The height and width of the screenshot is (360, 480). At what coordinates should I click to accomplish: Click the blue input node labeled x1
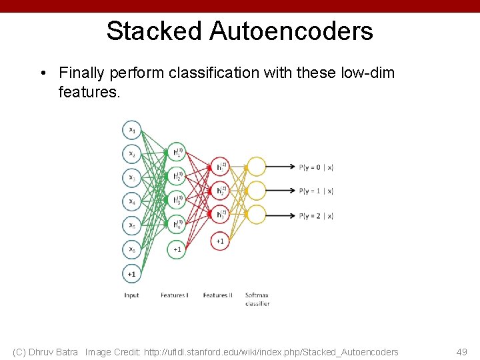(x=132, y=129)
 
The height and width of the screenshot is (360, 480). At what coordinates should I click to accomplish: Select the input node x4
(x=132, y=201)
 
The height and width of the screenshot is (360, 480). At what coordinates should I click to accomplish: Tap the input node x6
(x=132, y=249)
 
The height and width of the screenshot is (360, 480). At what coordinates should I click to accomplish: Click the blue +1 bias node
(x=132, y=273)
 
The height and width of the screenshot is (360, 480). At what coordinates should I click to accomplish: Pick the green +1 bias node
(x=177, y=249)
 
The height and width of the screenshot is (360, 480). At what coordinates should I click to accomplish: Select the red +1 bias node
(x=220, y=241)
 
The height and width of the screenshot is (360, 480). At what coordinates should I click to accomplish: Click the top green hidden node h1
(x=177, y=153)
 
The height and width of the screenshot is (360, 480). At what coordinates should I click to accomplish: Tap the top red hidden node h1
(x=220, y=167)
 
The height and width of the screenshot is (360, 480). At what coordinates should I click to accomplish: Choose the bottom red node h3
(x=220, y=215)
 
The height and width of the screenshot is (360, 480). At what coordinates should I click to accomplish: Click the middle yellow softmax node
(x=257, y=191)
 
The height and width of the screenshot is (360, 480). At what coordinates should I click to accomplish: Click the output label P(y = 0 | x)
(x=316, y=167)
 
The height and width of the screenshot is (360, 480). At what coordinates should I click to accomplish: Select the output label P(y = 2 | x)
(x=316, y=215)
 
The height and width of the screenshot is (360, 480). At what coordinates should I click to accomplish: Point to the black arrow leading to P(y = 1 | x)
(x=281, y=191)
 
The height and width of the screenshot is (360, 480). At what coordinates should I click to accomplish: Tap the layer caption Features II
(x=217, y=295)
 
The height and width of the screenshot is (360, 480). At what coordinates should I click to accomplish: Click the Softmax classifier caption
(x=257, y=299)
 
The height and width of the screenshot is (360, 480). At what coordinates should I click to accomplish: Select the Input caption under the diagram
(x=131, y=295)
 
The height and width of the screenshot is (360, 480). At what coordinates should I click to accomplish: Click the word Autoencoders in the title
(x=291, y=31)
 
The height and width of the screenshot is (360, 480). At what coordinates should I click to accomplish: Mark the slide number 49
(x=461, y=352)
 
